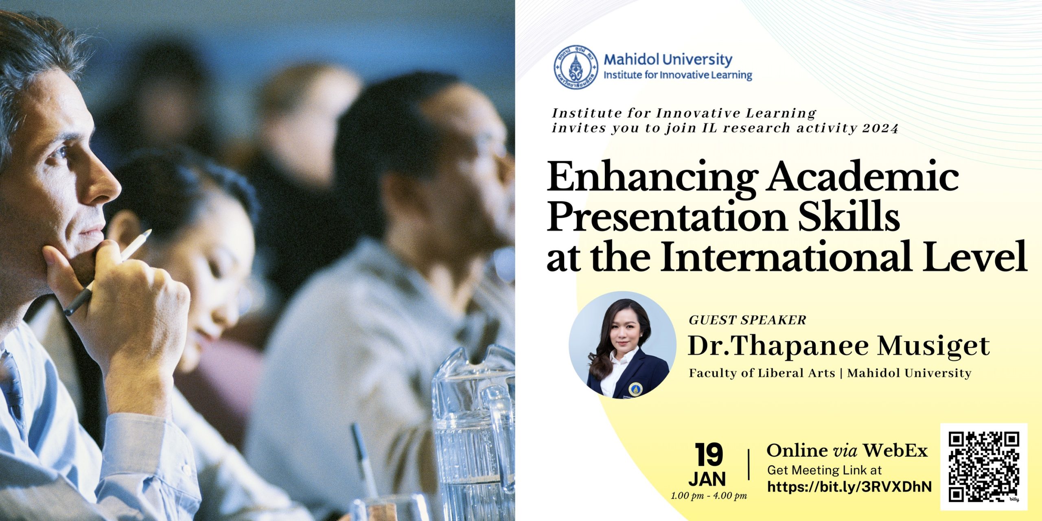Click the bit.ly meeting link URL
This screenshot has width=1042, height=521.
point(849,487)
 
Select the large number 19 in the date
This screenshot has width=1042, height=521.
point(709,455)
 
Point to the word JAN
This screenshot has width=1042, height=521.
point(707,479)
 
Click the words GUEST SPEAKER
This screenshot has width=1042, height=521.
point(747,320)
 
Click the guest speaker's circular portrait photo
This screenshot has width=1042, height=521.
point(622,345)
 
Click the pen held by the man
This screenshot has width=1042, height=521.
point(107,273)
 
